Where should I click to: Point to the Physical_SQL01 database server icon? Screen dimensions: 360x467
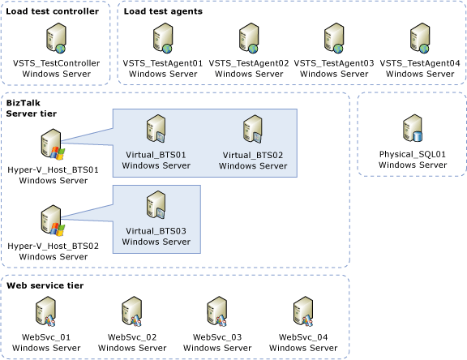tap(413, 130)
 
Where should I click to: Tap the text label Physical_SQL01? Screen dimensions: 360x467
tap(413, 154)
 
